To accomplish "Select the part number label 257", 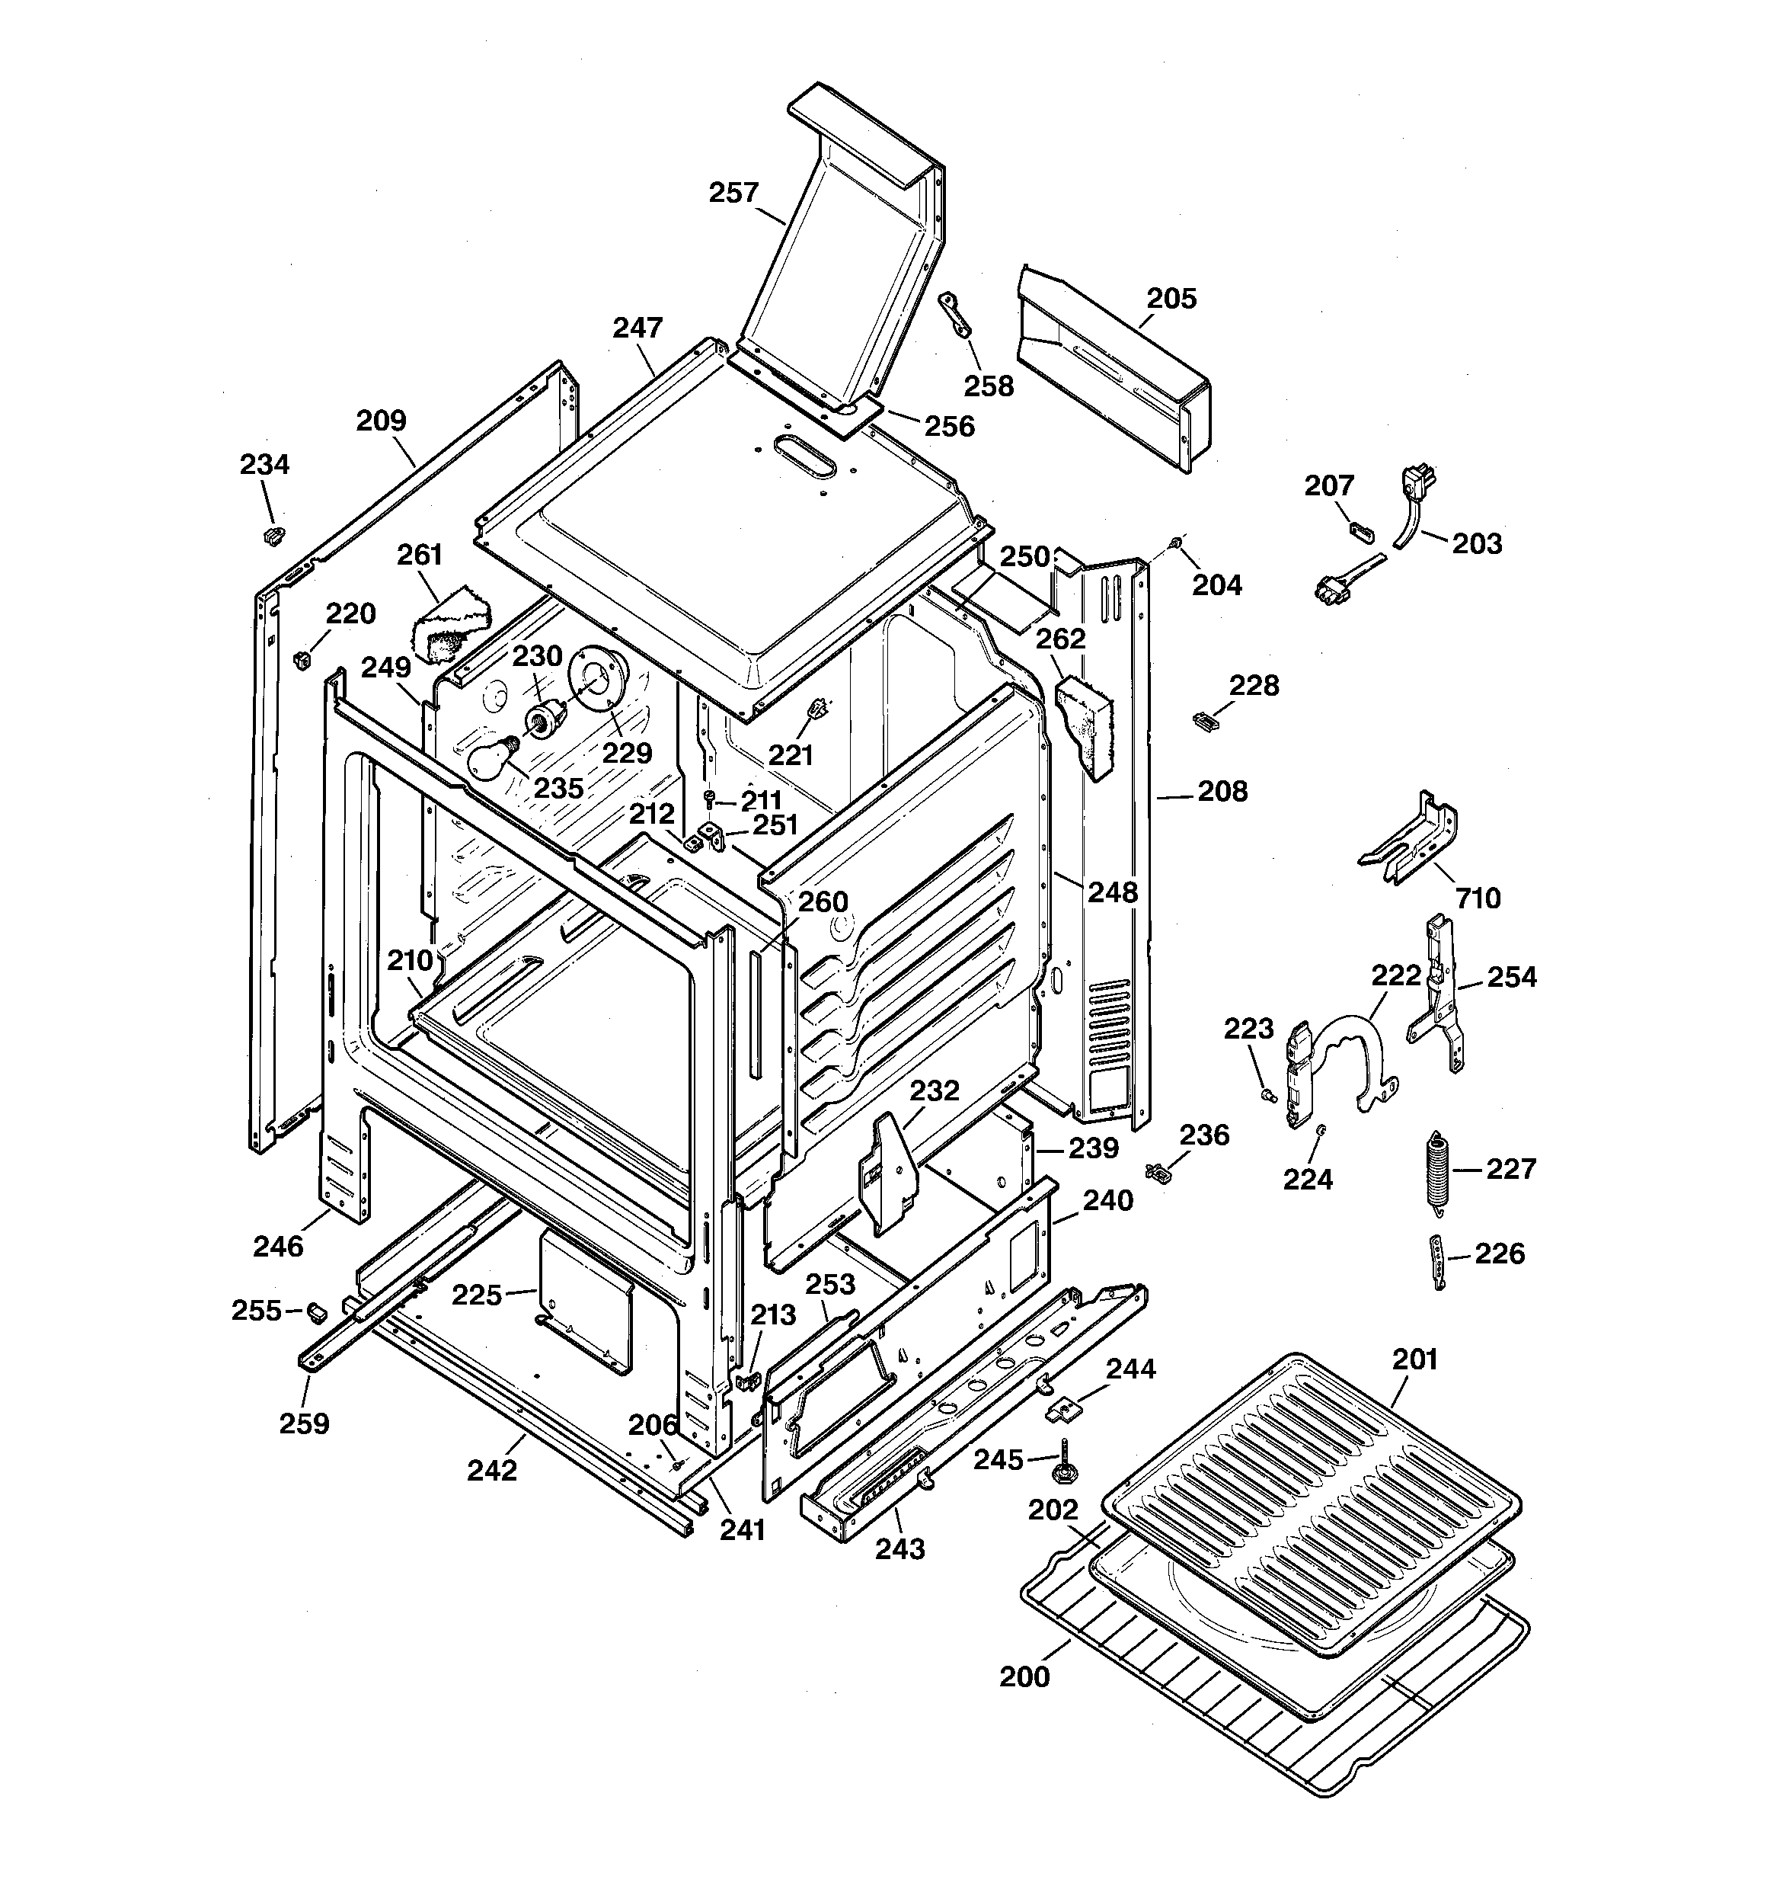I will coord(734,193).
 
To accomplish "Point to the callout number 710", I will coord(1478,898).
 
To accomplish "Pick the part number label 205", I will coord(1172,298).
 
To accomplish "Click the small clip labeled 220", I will coord(302,658).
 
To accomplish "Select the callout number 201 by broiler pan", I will coord(1415,1359).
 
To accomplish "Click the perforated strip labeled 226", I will coord(1438,1262).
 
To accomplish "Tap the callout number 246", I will coord(278,1247).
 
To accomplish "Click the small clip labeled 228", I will coord(1203,721).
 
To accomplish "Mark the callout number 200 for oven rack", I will coord(1024,1676).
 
